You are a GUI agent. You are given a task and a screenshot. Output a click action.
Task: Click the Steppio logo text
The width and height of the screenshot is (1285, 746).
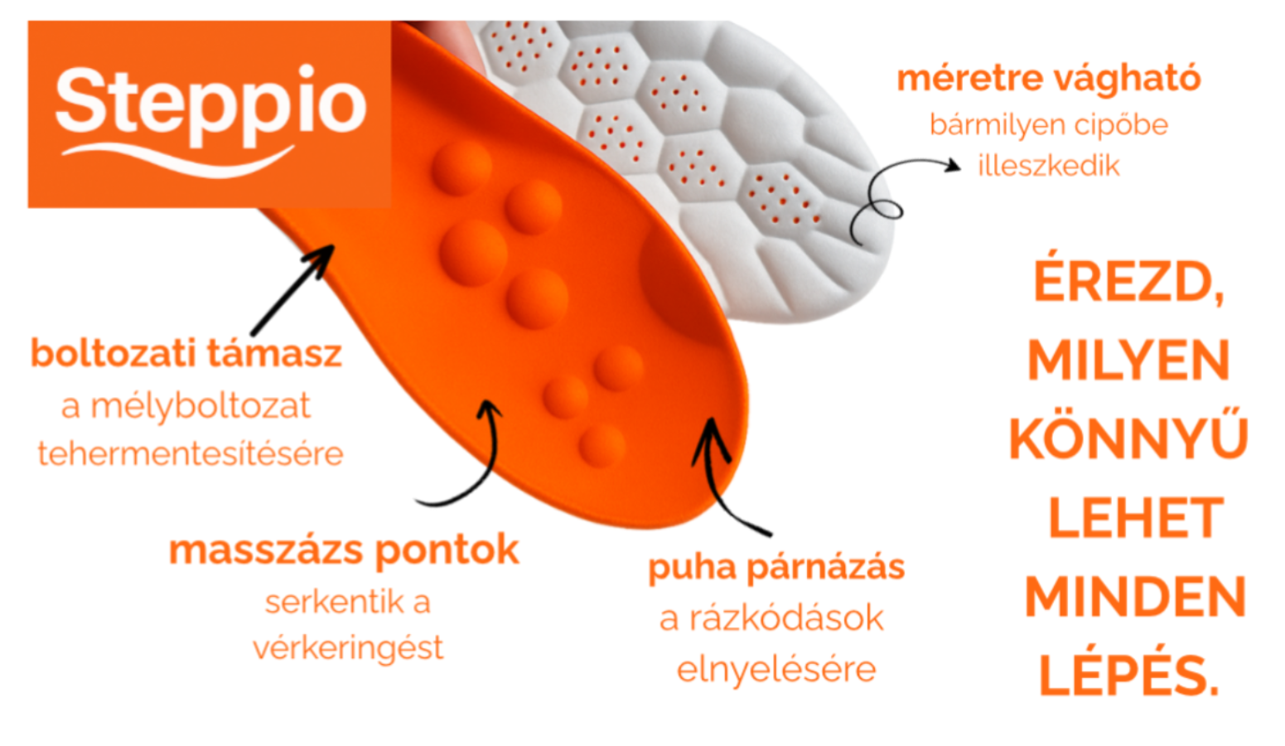point(210,104)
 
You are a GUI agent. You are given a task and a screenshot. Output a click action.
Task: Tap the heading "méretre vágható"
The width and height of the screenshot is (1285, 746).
point(1049,79)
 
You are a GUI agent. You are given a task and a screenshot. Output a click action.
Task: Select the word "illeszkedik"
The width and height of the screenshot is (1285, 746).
point(1048,166)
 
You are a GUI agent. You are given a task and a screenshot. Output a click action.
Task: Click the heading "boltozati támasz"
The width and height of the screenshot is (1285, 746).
point(186,354)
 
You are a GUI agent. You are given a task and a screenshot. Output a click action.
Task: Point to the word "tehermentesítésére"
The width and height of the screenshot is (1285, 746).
point(191,453)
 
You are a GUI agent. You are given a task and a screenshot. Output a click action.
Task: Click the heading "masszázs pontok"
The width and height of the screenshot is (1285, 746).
point(344,550)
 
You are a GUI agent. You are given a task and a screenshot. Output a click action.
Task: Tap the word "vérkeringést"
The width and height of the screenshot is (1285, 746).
point(348,647)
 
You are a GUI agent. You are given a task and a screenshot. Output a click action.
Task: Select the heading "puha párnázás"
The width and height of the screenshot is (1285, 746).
point(776,568)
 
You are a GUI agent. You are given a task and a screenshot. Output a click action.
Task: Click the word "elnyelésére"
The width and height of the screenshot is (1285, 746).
point(776,669)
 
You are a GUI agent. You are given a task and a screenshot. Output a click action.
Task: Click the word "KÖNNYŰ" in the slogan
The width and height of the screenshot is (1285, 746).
point(1128,439)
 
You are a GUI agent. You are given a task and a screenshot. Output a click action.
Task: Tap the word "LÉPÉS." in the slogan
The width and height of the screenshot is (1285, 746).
point(1128,676)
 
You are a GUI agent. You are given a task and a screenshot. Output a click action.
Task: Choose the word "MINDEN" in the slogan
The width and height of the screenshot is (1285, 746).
point(1135,598)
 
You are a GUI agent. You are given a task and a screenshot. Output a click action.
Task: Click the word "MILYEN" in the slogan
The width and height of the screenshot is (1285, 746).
point(1128,361)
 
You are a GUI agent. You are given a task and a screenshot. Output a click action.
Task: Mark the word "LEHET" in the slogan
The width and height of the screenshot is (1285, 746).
point(1135,519)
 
